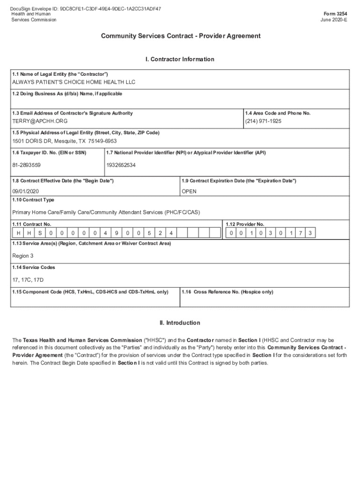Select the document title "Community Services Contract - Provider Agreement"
[180, 36]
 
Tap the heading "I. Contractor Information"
[180, 59]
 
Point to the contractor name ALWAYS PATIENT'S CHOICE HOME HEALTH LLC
[73, 82]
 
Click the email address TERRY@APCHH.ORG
[36, 121]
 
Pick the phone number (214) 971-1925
[263, 121]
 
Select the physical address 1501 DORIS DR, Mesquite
[64, 141]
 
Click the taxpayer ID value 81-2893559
[26, 165]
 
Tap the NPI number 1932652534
[121, 165]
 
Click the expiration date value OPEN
[189, 191]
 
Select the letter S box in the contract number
[40, 233]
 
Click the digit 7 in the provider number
[300, 233]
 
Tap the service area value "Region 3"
[22, 256]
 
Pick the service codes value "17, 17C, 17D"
[28, 280]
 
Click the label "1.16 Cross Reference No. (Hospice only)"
[227, 292]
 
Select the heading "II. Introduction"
[180, 323]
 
